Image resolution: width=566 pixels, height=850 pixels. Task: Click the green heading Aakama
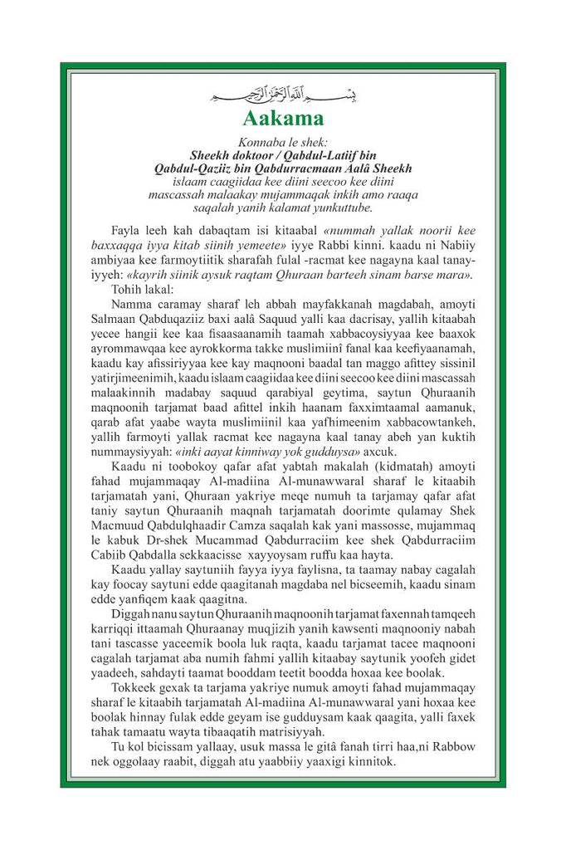(282, 115)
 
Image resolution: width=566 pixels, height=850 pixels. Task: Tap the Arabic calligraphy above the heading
(282, 90)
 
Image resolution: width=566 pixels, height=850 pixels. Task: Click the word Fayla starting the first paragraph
(126, 228)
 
